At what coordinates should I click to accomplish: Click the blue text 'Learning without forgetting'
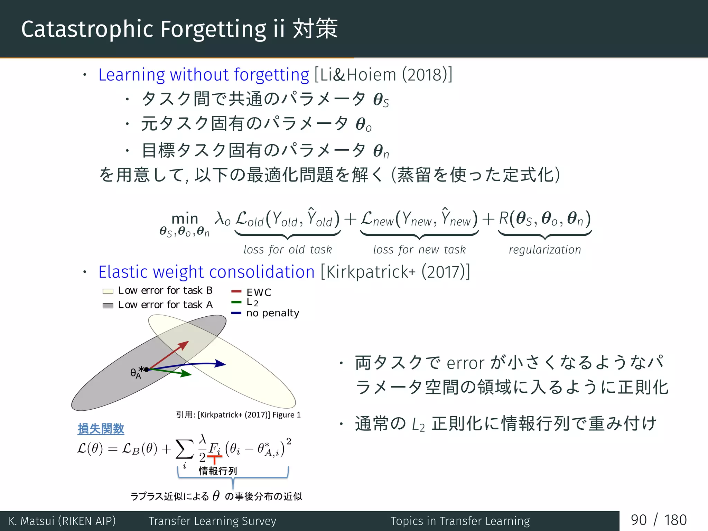pos(203,75)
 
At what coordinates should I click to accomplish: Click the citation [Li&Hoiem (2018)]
pos(383,75)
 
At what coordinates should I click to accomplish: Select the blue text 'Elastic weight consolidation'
pos(206,272)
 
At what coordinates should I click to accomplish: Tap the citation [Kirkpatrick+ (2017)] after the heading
pos(395,272)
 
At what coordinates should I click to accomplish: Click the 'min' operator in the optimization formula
pos(185,218)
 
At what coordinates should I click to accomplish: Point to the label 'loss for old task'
pos(288,250)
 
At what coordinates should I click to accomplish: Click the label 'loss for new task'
pos(419,250)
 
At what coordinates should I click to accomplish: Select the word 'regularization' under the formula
pos(545,250)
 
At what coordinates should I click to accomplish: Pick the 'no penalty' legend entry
pos(272,313)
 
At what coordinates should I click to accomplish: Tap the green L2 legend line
pos(236,302)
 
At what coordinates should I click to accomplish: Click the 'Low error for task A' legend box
pos(108,306)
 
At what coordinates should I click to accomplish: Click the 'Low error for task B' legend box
pos(108,291)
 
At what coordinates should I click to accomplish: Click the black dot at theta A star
pos(147,370)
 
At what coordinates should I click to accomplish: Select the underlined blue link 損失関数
pos(101,429)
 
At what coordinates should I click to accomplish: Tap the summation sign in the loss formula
pos(184,449)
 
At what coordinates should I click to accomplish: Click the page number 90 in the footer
pos(638,520)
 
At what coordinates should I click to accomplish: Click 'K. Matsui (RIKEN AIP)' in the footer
pos(62,521)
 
